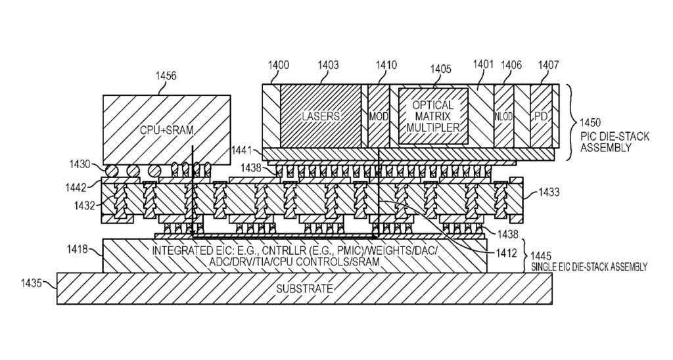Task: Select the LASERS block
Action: click(x=321, y=116)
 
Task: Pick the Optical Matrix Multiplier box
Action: click(x=433, y=116)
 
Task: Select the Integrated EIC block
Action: click(x=295, y=256)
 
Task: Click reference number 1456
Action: click(x=166, y=77)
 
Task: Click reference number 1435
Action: click(x=31, y=284)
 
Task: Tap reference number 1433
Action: click(x=549, y=192)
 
